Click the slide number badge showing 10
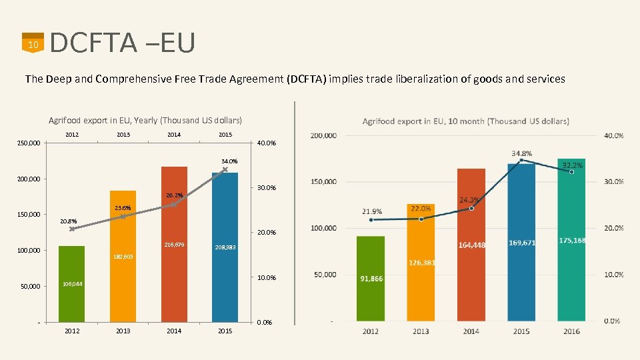click(x=32, y=43)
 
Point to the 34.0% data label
click(x=229, y=161)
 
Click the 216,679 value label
click(x=174, y=245)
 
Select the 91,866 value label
click(x=371, y=279)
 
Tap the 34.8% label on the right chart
click(x=521, y=153)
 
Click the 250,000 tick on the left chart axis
click(x=29, y=143)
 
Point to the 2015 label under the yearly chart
click(x=225, y=331)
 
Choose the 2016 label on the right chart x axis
click(x=571, y=331)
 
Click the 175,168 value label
click(x=572, y=240)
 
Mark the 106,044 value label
click(x=73, y=284)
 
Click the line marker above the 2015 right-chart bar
click(x=521, y=161)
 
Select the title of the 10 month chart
click(x=465, y=121)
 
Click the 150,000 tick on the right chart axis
click(x=323, y=181)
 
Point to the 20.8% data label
click(x=69, y=221)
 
